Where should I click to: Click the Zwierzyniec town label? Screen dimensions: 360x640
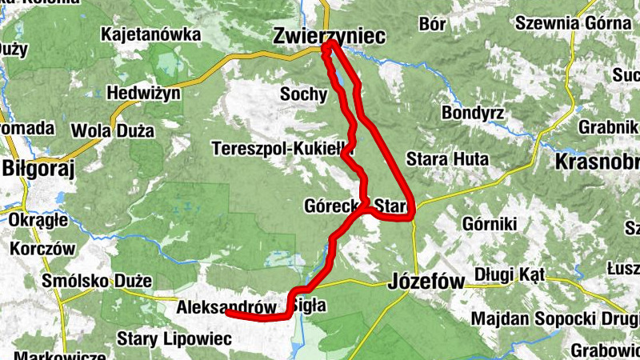point(328,36)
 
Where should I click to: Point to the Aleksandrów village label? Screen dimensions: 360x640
point(226,306)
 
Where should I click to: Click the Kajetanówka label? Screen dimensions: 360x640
point(150,34)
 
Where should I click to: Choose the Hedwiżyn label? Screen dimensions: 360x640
point(148,92)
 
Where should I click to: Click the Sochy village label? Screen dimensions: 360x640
point(303,94)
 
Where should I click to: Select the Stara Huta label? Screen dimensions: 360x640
point(447,159)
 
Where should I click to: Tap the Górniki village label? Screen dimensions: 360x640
point(490,223)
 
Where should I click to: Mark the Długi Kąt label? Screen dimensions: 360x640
point(509,274)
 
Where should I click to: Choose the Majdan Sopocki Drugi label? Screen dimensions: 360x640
point(553,318)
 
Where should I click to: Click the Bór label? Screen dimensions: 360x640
point(432,24)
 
